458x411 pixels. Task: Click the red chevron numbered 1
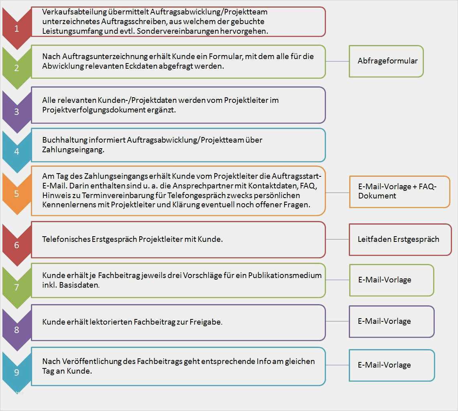point(16,28)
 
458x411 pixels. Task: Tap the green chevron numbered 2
point(16,67)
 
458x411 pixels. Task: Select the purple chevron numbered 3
point(16,111)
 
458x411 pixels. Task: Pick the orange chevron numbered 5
point(16,194)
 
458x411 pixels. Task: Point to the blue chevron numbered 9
point(16,372)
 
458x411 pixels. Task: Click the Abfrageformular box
point(386,61)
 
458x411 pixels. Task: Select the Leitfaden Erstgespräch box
point(400,239)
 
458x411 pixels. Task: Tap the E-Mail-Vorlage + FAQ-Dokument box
point(399,191)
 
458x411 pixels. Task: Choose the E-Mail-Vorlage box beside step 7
point(391,280)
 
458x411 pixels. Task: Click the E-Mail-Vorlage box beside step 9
point(391,365)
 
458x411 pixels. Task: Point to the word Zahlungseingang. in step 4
point(73,149)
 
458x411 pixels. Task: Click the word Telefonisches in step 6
point(66,239)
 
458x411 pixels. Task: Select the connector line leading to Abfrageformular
point(337,61)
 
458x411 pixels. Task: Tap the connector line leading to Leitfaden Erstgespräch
point(337,239)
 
